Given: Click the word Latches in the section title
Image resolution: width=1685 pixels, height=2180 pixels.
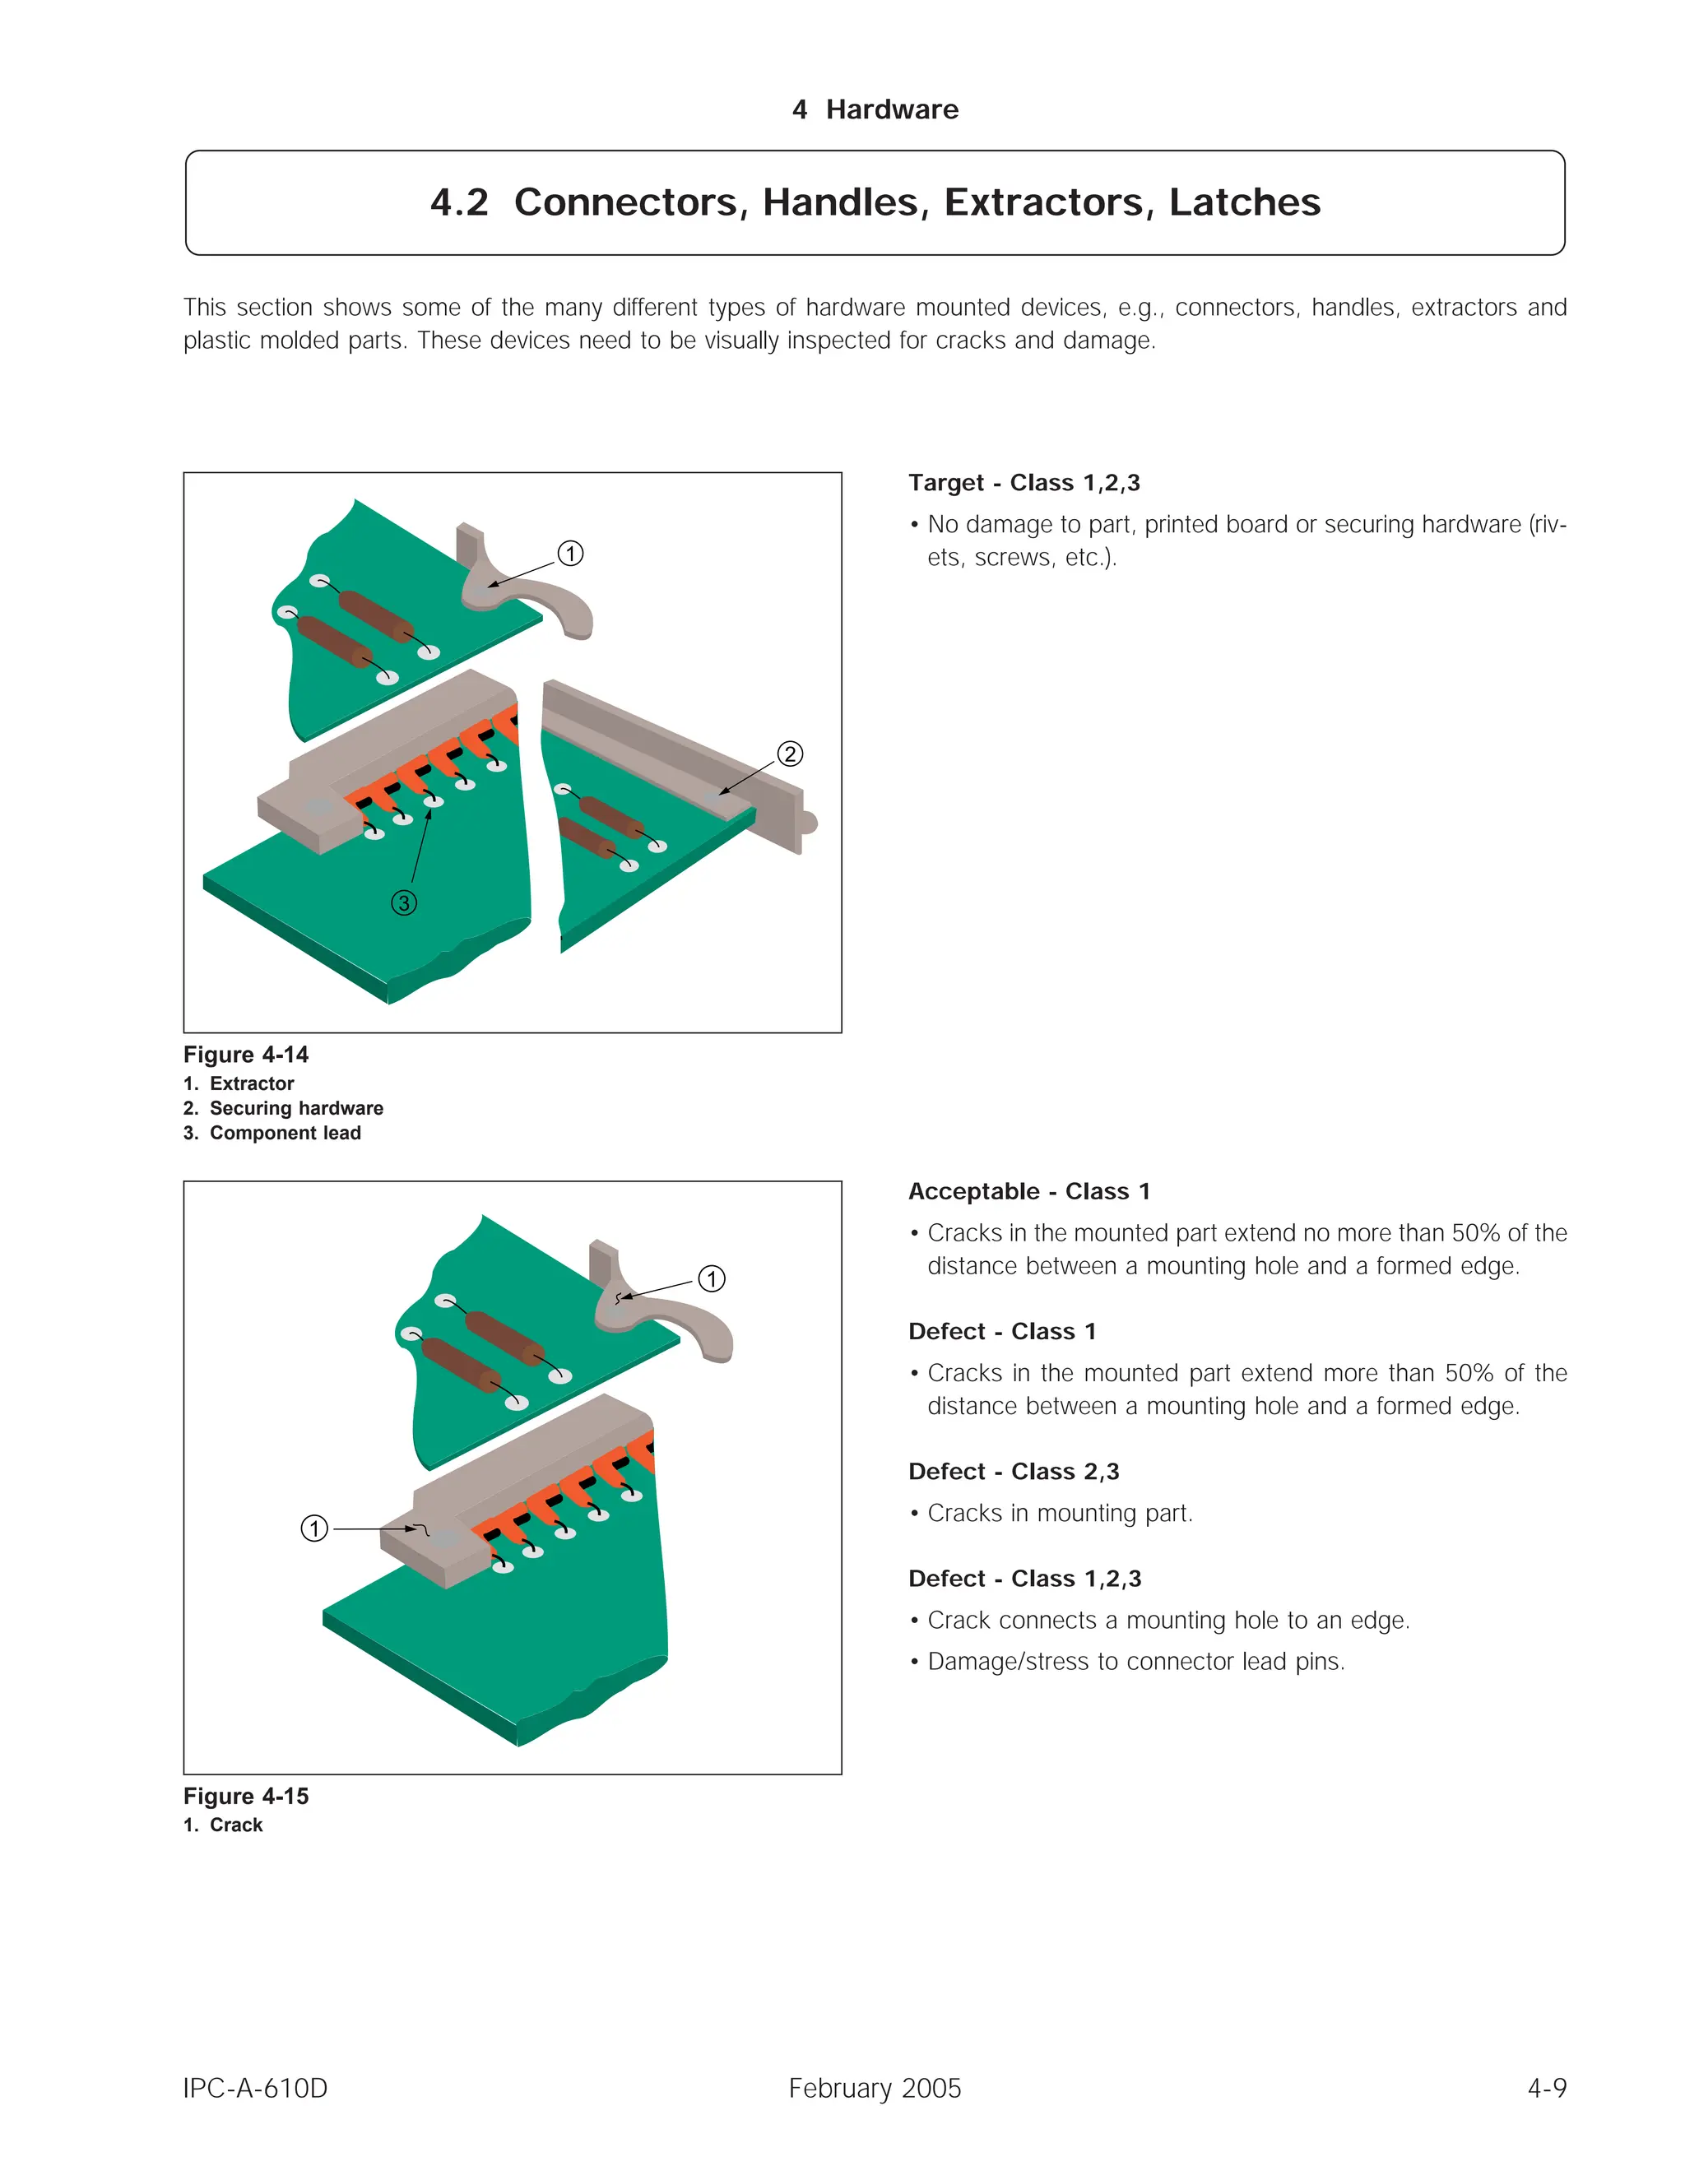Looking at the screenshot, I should click(1244, 202).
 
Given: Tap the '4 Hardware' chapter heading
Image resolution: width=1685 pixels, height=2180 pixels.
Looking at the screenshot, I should click(875, 109).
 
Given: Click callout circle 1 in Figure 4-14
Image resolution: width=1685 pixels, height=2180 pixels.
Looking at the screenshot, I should click(570, 553).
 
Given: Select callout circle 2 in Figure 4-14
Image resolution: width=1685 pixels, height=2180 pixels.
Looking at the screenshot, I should click(790, 754).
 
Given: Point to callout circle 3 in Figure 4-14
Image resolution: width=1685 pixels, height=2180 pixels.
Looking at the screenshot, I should click(403, 903).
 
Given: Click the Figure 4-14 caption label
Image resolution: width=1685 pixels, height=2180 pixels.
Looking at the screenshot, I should click(245, 1055).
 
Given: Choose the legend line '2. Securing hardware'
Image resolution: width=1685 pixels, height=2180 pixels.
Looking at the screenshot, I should click(284, 1108).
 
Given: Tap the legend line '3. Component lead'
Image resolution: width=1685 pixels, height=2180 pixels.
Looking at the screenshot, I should click(272, 1133).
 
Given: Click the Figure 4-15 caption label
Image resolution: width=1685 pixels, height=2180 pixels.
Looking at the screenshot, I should click(245, 1797).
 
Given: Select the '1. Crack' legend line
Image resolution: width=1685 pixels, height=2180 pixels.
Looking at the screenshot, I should click(223, 1825).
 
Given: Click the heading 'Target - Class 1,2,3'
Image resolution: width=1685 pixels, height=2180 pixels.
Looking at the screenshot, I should click(1024, 483).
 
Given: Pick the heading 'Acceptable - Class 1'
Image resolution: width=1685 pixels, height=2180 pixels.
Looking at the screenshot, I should click(1028, 1192).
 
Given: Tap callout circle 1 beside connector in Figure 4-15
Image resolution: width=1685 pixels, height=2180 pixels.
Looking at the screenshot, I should click(314, 1528).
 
